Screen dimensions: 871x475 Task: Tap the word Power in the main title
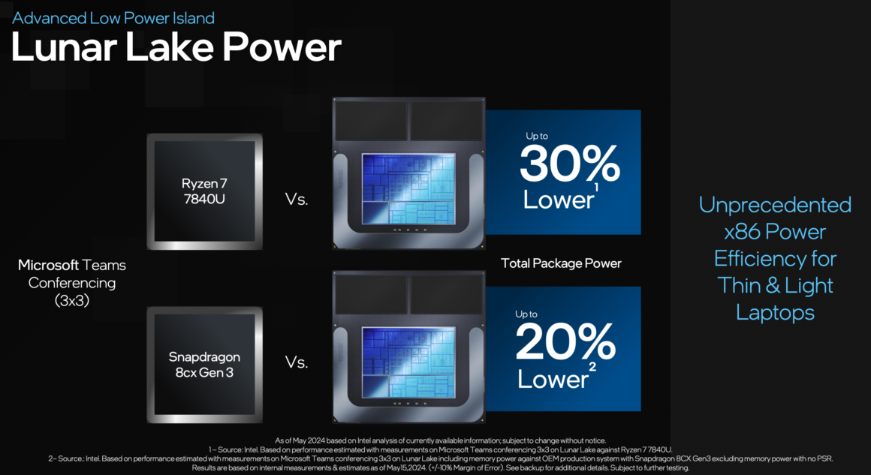click(x=282, y=47)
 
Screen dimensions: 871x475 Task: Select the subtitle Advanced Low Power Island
click(x=113, y=18)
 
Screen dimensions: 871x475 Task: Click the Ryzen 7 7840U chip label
click(x=204, y=191)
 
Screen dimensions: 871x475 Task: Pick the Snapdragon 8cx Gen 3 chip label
click(x=204, y=365)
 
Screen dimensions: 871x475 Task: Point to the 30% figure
click(x=569, y=164)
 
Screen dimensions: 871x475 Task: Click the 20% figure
click(x=565, y=342)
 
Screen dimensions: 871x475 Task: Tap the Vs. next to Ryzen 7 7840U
click(x=296, y=199)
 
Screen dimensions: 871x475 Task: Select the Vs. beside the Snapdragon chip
click(x=296, y=362)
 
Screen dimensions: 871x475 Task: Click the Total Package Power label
click(x=561, y=263)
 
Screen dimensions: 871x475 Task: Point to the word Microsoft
click(x=48, y=265)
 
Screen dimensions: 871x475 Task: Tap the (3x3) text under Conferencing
click(x=72, y=300)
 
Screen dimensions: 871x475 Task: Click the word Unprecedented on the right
click(x=775, y=205)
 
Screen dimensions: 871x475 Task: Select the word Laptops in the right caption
click(x=775, y=312)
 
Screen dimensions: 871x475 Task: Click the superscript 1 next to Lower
click(x=596, y=188)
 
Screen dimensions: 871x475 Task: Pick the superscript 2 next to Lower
click(x=592, y=367)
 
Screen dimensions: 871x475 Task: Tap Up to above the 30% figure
click(x=537, y=136)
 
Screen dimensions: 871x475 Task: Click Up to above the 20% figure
click(x=526, y=314)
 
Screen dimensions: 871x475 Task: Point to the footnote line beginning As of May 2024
click(x=441, y=440)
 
